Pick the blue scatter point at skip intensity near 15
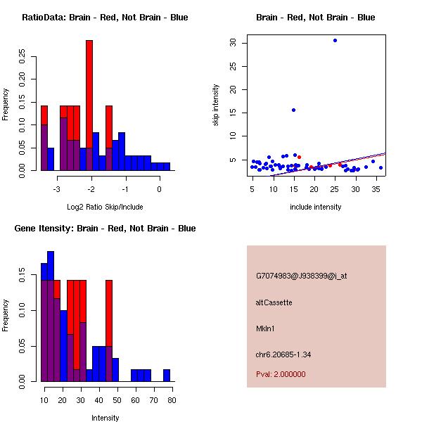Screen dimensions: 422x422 tap(293, 110)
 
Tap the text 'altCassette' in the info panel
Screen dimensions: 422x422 tap(274, 302)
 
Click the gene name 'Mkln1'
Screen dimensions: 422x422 tap(266, 328)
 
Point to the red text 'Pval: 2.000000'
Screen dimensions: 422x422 tap(281, 374)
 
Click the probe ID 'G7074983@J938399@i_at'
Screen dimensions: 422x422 tap(301, 276)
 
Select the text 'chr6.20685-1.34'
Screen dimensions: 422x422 tap(283, 354)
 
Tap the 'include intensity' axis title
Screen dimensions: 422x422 tap(315, 207)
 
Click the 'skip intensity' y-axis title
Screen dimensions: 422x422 tap(217, 105)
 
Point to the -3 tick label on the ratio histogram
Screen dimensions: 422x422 tap(56, 189)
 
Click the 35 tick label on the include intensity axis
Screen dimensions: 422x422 tap(377, 189)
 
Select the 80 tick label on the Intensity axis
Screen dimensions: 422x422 tap(172, 400)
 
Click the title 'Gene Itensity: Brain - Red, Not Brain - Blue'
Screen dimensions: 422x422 tap(105, 229)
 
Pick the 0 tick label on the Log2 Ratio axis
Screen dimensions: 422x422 tap(159, 189)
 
